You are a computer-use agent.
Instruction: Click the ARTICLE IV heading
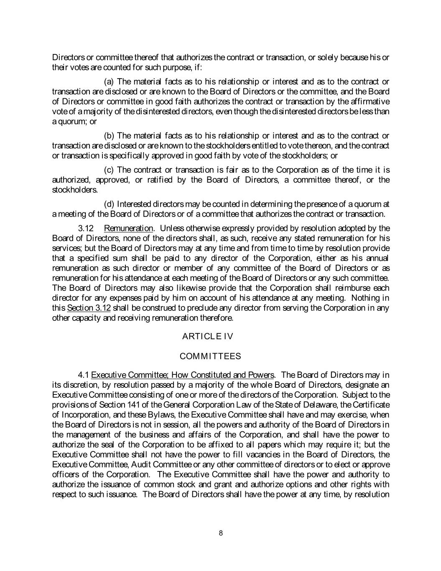tap(208, 336)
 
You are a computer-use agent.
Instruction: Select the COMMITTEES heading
tap(210, 356)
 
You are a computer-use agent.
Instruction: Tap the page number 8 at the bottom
tap(221, 533)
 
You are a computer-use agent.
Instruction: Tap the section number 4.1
tap(84, 375)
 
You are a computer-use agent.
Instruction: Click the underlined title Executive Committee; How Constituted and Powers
tap(183, 375)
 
